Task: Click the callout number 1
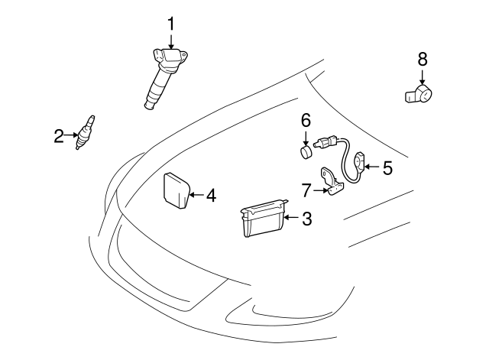[171, 24]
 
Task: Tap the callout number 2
[59, 137]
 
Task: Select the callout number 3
[306, 219]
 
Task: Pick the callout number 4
[211, 196]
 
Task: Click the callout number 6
[306, 120]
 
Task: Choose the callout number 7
[306, 189]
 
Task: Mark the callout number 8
[423, 58]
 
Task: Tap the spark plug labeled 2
[85, 132]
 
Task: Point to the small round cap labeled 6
[306, 152]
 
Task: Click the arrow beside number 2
[71, 137]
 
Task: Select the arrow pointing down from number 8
[423, 76]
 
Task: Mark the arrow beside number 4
[196, 196]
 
